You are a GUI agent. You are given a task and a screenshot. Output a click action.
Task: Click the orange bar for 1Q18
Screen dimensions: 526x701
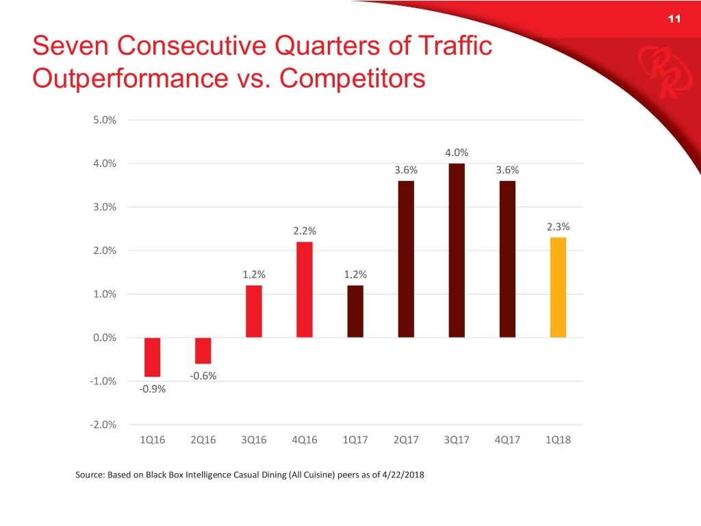click(558, 287)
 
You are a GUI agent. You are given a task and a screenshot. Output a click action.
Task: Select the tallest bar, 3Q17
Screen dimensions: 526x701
click(457, 250)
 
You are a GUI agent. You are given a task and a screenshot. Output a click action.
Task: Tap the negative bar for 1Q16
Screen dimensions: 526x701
click(152, 357)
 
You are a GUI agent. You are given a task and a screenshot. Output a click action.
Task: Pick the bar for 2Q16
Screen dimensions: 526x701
click(203, 351)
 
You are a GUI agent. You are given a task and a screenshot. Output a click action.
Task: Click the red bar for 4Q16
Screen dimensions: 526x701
click(305, 289)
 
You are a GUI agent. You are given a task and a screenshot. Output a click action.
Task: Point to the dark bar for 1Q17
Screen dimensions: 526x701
click(355, 311)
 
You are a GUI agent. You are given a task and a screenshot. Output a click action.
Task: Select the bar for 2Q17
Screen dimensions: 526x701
click(406, 259)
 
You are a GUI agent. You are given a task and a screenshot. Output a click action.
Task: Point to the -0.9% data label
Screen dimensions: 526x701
click(152, 389)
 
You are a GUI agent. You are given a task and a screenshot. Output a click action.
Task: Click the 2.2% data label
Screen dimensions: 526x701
click(305, 231)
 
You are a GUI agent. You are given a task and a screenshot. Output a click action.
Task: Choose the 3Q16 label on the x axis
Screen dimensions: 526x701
click(253, 440)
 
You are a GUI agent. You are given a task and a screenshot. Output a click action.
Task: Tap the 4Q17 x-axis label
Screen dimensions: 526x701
click(507, 440)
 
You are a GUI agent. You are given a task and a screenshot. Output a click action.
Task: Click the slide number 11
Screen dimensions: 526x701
click(673, 19)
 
